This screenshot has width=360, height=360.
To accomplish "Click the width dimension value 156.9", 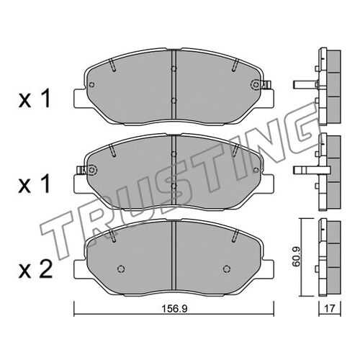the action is click(x=174, y=309).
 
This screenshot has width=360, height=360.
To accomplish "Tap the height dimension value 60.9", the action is click(x=297, y=257).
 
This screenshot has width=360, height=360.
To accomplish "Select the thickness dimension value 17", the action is click(x=330, y=308).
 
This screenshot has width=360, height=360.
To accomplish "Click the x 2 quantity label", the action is click(x=35, y=269).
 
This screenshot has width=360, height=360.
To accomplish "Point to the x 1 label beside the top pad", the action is click(x=35, y=98).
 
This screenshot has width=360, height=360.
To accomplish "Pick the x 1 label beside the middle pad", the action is click(x=35, y=184).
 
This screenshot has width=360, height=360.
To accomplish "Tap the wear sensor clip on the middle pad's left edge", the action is click(x=81, y=170).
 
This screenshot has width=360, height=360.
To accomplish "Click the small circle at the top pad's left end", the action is click(x=91, y=84).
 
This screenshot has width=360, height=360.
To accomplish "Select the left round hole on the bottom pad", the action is click(x=121, y=269).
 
